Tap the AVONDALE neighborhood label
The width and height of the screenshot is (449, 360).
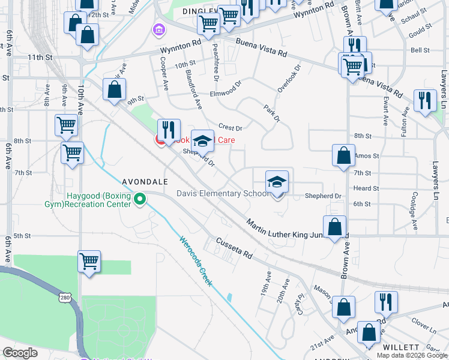pyautogui.click(x=145, y=181)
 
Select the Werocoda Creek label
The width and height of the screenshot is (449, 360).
pyautogui.click(x=195, y=260)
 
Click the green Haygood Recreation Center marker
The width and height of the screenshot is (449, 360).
pyautogui.click(x=140, y=199)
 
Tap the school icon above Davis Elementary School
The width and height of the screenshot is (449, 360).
pyautogui.click(x=277, y=182)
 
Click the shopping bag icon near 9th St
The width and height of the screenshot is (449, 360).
pyautogui.click(x=114, y=90)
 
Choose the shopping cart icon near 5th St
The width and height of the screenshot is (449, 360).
pyautogui.click(x=89, y=262)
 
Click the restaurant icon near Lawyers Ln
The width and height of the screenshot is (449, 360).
pyautogui.click(x=426, y=101)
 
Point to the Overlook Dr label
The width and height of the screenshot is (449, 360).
pyautogui.click(x=288, y=79)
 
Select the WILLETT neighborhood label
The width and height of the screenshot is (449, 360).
pyautogui.click(x=401, y=347)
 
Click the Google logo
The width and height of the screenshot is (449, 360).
pyautogui.click(x=20, y=353)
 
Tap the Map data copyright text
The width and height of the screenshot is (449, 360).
pyautogui.click(x=412, y=355)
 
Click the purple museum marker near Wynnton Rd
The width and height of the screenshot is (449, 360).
pyautogui.click(x=159, y=29)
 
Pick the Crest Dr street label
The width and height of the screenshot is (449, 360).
pyautogui.click(x=230, y=127)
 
